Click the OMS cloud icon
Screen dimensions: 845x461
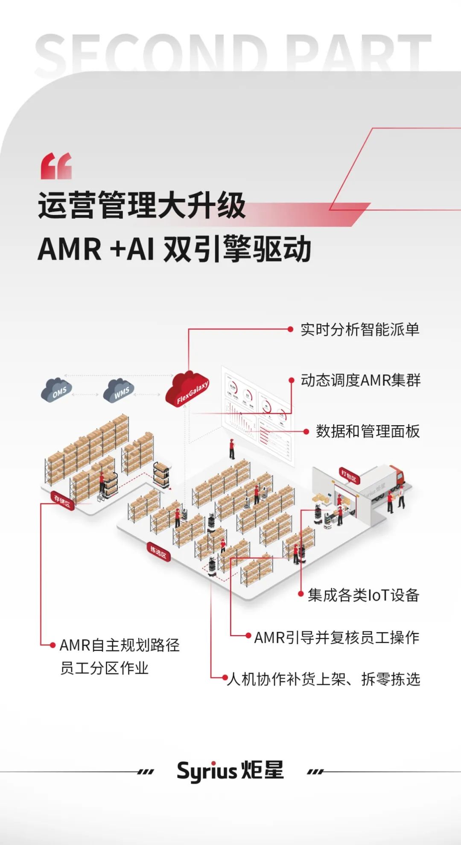[56, 390]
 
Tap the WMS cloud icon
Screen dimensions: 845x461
[119, 390]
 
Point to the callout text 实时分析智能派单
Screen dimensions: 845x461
[360, 330]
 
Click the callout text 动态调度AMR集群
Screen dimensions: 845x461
[361, 380]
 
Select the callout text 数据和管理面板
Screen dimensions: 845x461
[368, 431]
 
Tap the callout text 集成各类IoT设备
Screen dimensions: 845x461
[363, 595]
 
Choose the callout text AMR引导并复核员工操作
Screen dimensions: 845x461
[337, 637]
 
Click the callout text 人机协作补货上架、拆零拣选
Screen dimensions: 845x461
[324, 679]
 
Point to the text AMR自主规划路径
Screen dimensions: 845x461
[120, 645]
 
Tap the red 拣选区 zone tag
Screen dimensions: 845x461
[158, 552]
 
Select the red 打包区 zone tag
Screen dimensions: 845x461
[349, 475]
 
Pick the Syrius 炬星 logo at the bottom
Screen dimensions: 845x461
[230, 770]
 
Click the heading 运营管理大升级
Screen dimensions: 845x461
[142, 205]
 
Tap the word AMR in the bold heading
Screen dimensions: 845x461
[70, 249]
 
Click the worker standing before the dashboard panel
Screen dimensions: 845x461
[232, 449]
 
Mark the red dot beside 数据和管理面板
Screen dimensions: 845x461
[306, 432]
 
